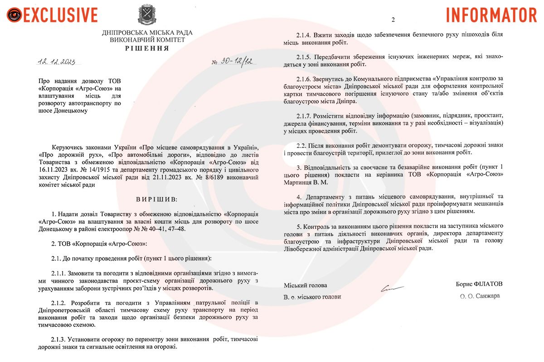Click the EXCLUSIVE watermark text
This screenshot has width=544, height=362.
click(x=60, y=14)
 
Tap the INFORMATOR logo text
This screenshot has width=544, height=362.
click(x=491, y=14)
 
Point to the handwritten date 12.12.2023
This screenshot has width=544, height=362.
click(x=57, y=62)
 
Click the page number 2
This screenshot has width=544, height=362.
click(x=393, y=20)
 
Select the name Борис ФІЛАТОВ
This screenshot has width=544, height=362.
click(x=479, y=284)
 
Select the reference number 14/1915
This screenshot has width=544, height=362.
click(x=97, y=169)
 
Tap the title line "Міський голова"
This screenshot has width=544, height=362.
click(x=305, y=285)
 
